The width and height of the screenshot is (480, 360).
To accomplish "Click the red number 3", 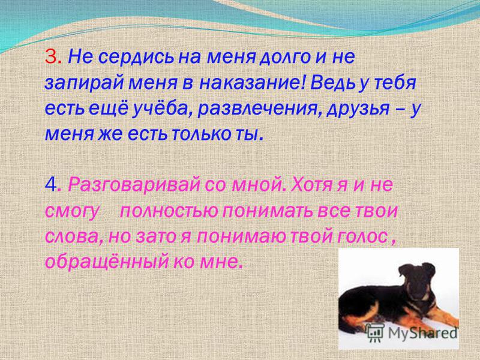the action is (x=50, y=56).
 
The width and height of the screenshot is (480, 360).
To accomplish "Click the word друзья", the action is (x=358, y=109).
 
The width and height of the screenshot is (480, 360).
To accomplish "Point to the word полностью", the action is (x=169, y=211).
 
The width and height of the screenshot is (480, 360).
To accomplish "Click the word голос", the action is (x=362, y=236).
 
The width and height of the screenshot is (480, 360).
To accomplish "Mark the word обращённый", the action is (x=107, y=262).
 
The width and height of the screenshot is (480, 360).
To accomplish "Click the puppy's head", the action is (x=417, y=279).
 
